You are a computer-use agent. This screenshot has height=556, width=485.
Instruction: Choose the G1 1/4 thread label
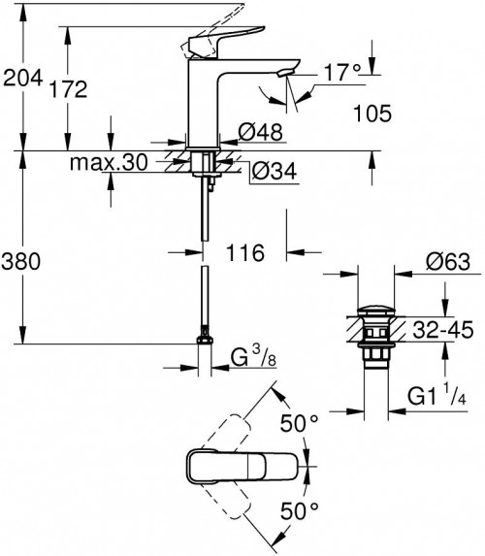(436, 398)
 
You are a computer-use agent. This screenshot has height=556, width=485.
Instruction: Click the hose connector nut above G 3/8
(204, 341)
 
